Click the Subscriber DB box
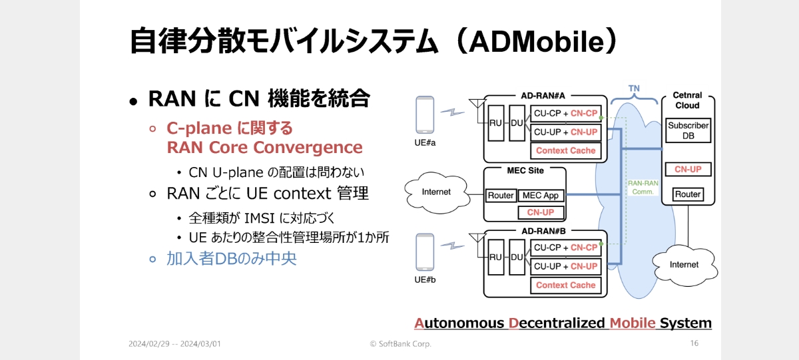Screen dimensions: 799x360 coord(688,130)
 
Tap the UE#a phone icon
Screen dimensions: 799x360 coord(425,114)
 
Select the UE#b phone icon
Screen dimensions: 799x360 coord(425,252)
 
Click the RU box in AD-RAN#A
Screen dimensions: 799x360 coord(496,123)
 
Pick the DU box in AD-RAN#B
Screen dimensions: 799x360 coord(517,257)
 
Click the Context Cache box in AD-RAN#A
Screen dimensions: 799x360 coord(566,151)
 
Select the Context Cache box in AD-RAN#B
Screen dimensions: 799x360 coord(566,285)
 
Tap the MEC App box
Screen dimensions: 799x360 coord(541,196)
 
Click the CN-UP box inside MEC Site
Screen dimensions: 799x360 coord(541,212)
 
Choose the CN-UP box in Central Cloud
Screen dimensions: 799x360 coord(688,169)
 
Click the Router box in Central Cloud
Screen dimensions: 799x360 coord(688,194)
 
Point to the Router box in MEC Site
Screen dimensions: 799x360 coord(501,196)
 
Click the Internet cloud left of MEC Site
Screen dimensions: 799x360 coord(437,192)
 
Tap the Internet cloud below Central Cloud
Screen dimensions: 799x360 coord(684,266)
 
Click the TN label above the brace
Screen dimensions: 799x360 coord(634,89)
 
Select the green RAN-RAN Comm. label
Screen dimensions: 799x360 coord(643,188)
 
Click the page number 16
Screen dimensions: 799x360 coord(694,343)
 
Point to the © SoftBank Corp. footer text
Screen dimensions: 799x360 coord(401,344)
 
